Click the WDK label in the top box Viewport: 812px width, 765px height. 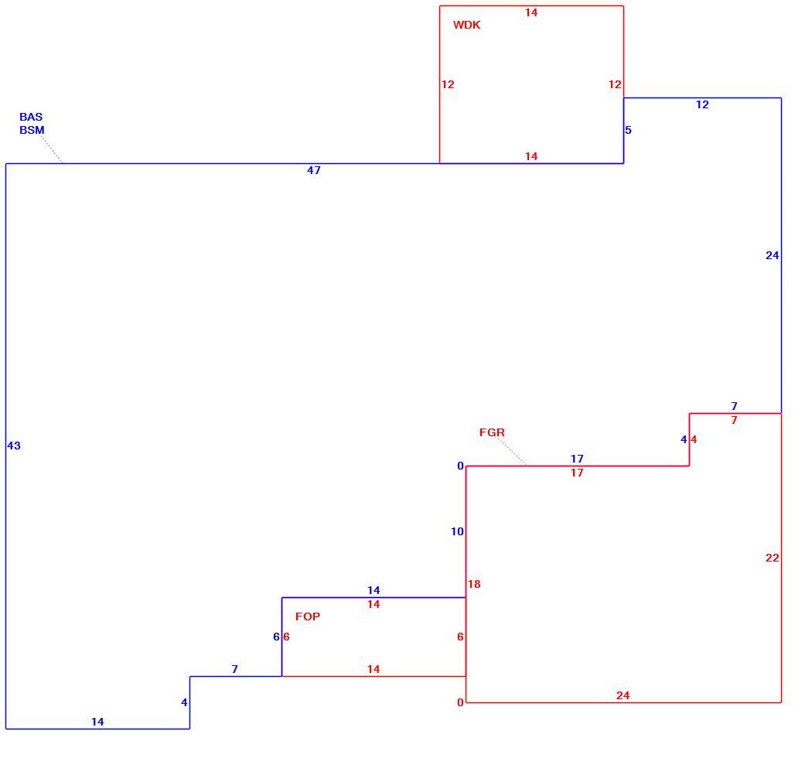(x=466, y=25)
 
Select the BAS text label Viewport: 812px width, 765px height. (x=31, y=117)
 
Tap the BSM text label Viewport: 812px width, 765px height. (x=32, y=130)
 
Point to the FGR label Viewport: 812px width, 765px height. (x=492, y=432)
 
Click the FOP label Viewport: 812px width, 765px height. (x=308, y=616)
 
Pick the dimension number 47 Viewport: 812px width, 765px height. (x=314, y=170)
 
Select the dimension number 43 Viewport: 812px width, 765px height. (x=14, y=446)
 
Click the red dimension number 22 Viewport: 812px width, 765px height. (x=772, y=558)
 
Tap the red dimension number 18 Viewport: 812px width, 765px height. (x=474, y=584)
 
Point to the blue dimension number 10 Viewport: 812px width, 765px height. (x=457, y=531)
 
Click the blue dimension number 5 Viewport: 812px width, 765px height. (x=628, y=130)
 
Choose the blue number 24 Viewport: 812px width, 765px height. (x=772, y=255)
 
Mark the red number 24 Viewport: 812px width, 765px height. (x=623, y=695)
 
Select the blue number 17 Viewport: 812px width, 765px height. (x=577, y=459)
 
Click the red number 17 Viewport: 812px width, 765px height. (x=577, y=473)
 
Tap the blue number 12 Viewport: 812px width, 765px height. (x=702, y=104)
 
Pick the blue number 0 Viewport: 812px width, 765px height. (x=460, y=466)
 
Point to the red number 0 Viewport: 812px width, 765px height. (x=460, y=703)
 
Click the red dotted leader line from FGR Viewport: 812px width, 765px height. (x=512, y=452)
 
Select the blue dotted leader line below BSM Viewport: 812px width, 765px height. (x=52, y=150)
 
